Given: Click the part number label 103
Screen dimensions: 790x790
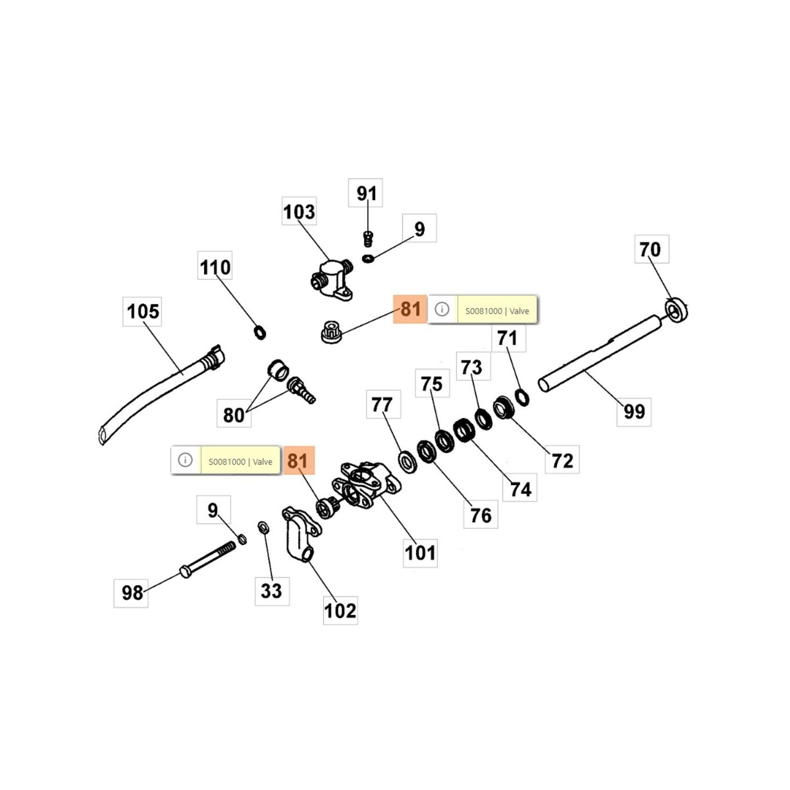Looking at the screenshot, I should [299, 212].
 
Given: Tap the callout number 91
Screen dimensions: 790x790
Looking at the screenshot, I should [366, 193].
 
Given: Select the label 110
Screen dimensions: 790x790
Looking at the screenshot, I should [215, 267].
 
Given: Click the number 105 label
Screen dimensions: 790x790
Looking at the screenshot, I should [143, 311].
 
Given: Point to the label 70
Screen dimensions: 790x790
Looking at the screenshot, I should [650, 249].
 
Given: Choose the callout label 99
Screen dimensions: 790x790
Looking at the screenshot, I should [634, 411].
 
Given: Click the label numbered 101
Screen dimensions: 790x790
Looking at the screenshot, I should [420, 553].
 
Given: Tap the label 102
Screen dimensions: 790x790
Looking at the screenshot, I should [340, 611].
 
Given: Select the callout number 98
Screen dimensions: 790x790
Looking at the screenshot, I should [132, 592].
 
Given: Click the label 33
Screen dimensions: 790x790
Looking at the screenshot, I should [271, 591].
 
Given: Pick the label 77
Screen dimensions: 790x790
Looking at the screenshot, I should [382, 405].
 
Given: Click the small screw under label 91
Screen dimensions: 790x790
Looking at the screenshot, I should [368, 238].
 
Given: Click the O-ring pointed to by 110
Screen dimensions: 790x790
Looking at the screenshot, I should [260, 332].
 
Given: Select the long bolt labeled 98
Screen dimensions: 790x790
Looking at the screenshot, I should [207, 559].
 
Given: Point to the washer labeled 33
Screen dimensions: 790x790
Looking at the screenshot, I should [264, 527].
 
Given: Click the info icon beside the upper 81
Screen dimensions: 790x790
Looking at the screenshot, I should [442, 310].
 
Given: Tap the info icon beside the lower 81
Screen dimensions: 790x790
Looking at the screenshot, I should [185, 460].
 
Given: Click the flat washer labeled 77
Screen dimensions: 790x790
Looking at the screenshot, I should [407, 462].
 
